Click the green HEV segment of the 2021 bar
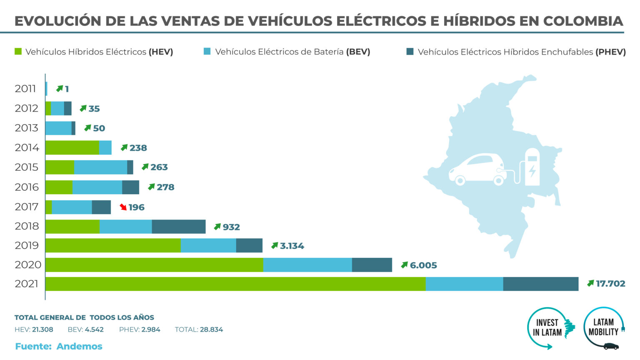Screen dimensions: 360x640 [x=235, y=284]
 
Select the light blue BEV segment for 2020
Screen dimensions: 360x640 [x=307, y=265]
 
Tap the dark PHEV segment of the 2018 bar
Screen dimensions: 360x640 [x=178, y=227]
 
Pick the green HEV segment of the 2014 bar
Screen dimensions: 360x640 [x=72, y=147]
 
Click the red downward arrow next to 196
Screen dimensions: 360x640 [x=123, y=207]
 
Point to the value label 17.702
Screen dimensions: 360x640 [x=610, y=284]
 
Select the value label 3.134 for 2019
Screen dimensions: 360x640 [x=292, y=246]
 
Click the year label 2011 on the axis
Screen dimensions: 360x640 [x=25, y=89]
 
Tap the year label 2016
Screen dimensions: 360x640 [x=27, y=187]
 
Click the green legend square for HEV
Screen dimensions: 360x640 [x=18, y=52]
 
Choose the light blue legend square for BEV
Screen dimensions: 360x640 [x=207, y=52]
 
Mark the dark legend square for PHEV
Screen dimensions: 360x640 [x=410, y=52]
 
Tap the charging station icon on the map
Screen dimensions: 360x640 [x=532, y=167]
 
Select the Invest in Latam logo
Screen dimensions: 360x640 [x=550, y=328]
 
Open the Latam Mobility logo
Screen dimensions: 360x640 [x=604, y=328]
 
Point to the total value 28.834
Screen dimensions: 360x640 [x=211, y=330]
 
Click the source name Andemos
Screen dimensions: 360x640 [x=79, y=346]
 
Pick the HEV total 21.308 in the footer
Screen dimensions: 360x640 [x=42, y=330]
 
